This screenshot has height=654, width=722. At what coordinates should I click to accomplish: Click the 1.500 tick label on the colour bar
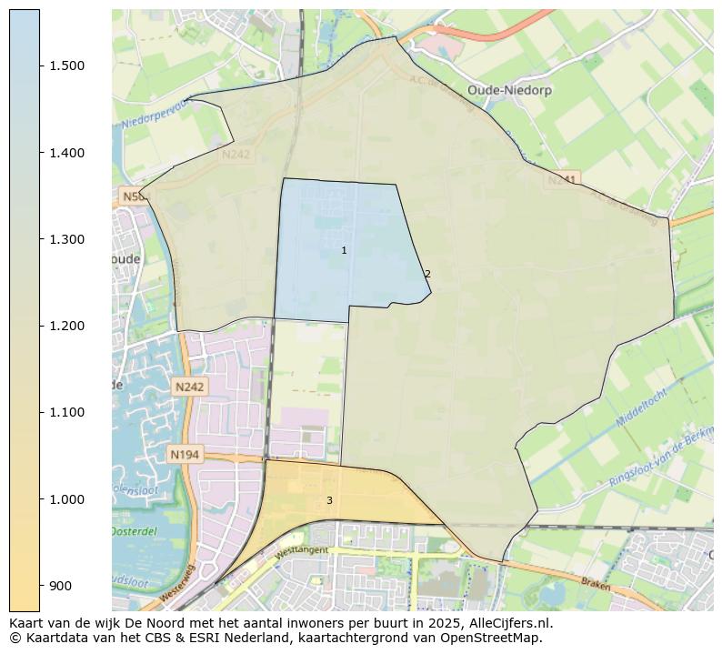[68, 66]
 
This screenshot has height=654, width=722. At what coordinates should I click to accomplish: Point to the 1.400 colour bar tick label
[68, 153]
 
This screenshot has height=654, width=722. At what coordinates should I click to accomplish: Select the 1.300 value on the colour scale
[68, 239]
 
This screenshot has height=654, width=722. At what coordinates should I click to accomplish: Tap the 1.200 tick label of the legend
[68, 326]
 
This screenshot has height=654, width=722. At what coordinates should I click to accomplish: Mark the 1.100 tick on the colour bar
[68, 412]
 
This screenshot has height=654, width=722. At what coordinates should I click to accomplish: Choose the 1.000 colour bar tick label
[68, 499]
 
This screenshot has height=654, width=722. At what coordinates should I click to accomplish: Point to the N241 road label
[561, 180]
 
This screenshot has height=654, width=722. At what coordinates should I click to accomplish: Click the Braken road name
[596, 585]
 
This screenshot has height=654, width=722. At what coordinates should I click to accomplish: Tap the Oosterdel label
[135, 531]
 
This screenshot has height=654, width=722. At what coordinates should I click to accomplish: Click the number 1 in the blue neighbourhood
[344, 250]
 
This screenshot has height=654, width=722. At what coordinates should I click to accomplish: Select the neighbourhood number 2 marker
[427, 274]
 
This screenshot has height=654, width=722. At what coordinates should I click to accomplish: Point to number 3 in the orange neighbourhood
[329, 500]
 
